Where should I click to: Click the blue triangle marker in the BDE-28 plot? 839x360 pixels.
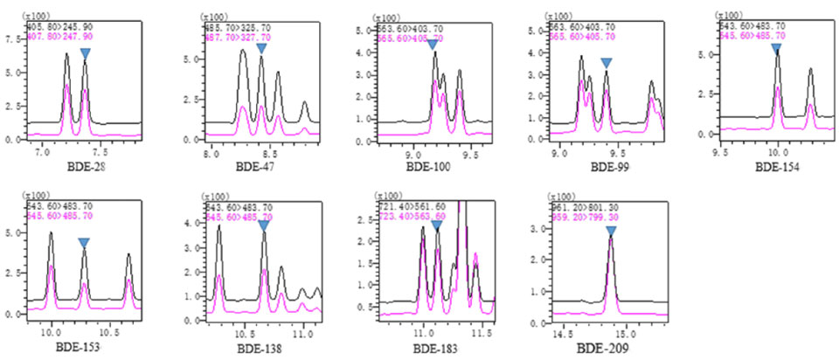click(x=85, y=53)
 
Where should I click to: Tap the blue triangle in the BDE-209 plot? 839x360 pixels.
click(x=611, y=231)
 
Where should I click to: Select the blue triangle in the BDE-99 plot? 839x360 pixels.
click(x=606, y=63)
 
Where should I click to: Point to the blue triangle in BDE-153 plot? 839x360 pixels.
click(x=84, y=243)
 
